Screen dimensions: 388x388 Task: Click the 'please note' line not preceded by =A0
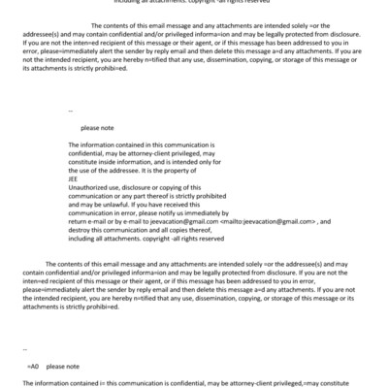tap(97, 128)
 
